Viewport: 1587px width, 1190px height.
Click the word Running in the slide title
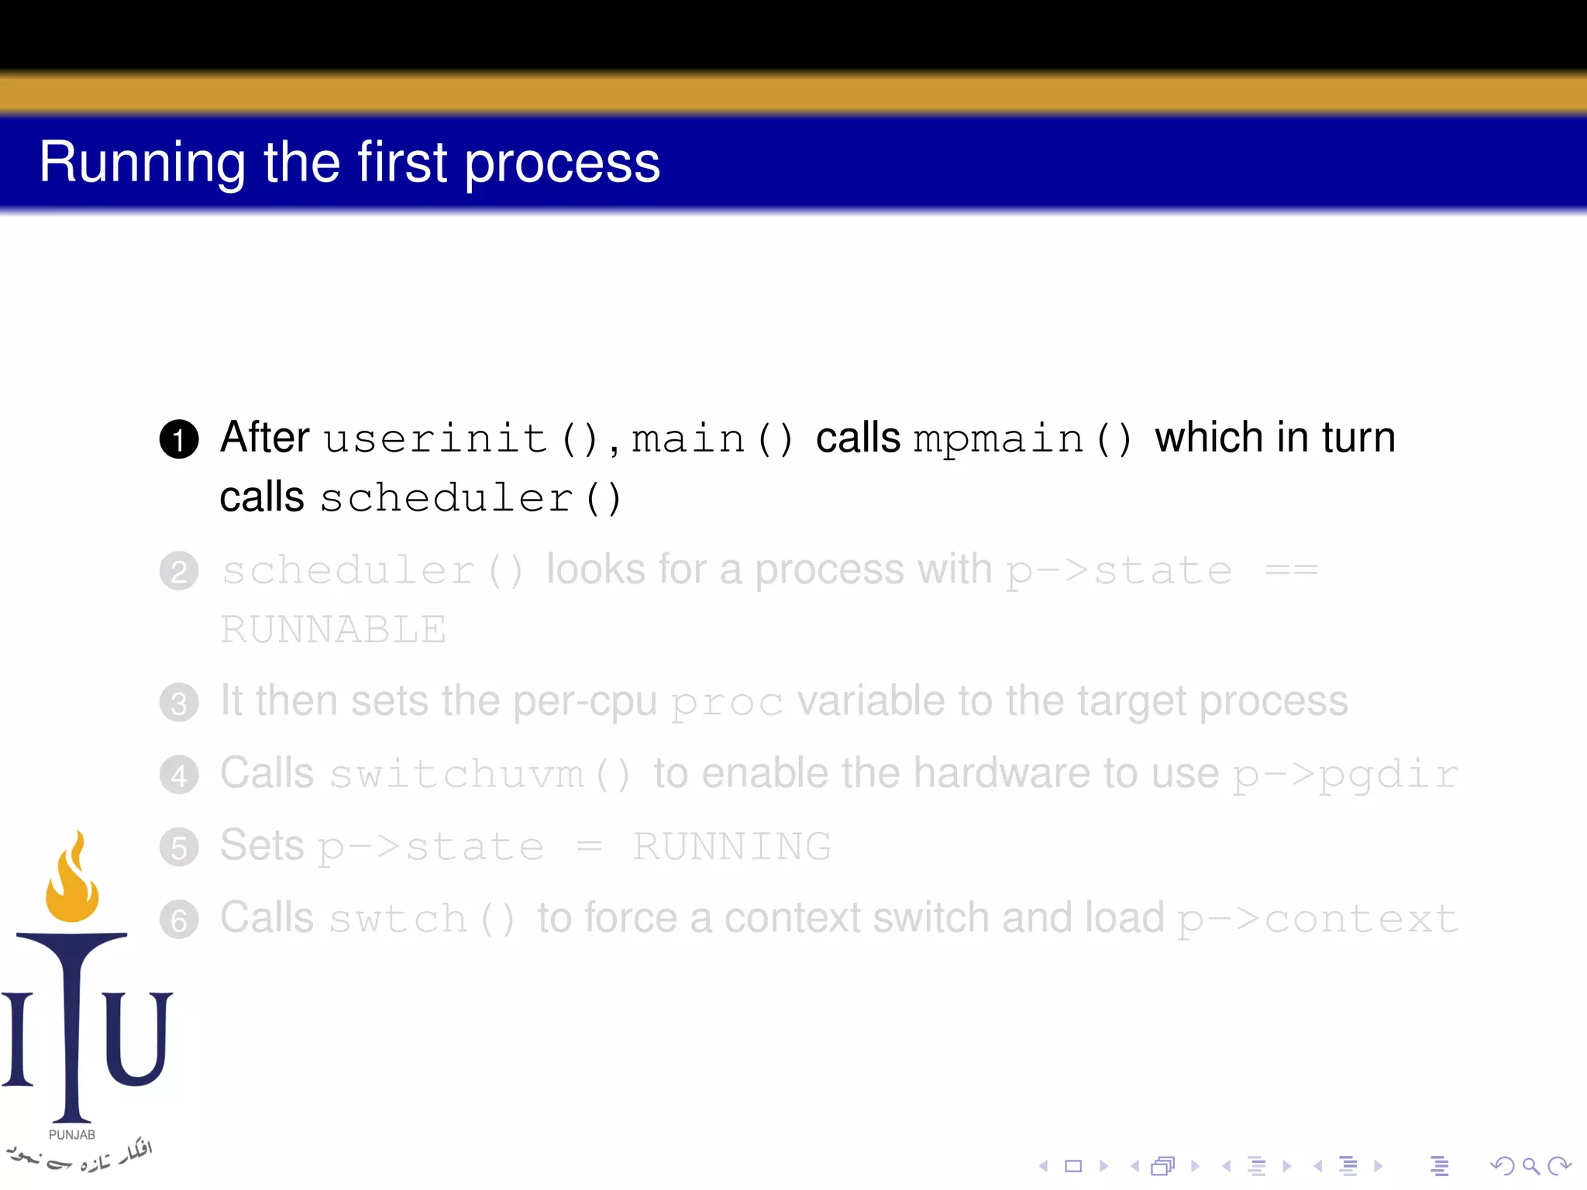[x=143, y=163]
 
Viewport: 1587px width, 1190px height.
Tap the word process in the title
[x=562, y=164]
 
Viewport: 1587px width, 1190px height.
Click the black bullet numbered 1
[x=179, y=439]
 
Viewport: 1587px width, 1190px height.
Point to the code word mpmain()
[x=1022, y=439]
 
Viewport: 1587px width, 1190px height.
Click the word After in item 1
[x=265, y=438]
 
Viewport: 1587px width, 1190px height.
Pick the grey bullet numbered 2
[x=179, y=572]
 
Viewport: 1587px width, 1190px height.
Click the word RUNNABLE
[x=333, y=629]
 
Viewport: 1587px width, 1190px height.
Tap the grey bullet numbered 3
[x=179, y=703]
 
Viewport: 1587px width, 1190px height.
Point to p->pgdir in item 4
[x=1345, y=775]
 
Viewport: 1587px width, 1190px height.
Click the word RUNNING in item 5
[x=732, y=846]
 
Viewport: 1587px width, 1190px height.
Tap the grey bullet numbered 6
[x=179, y=920]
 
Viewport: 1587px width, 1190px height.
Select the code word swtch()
[x=422, y=920]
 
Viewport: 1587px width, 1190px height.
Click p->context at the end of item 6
[x=1317, y=920]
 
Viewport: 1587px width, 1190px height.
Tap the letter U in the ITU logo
[x=137, y=1038]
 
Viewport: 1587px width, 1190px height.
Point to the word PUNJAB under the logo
[x=72, y=1135]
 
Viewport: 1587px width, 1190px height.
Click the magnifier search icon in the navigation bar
[x=1530, y=1166]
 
